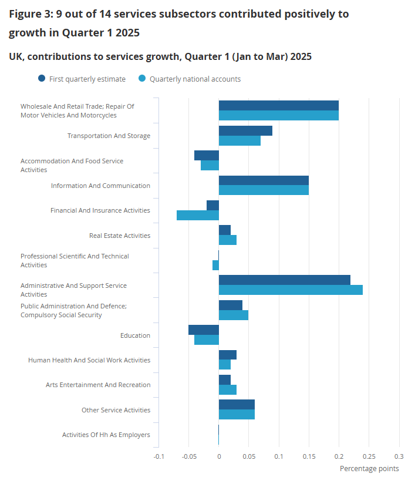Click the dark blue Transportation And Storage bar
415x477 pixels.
click(245, 130)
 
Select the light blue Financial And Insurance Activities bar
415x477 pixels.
click(198, 215)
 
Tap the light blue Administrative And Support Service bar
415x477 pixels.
click(291, 290)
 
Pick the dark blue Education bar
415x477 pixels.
click(204, 330)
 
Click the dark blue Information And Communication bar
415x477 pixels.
click(264, 180)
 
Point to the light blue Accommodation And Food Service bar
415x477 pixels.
click(210, 165)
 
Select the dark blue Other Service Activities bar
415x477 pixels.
click(237, 405)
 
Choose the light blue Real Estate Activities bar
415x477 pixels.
click(228, 240)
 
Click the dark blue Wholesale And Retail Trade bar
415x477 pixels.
click(279, 105)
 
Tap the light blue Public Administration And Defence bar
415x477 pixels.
click(234, 315)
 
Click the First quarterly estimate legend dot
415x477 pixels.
click(42, 78)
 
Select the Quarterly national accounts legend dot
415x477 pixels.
click(141, 78)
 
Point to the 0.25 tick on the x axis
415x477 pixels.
click(369, 456)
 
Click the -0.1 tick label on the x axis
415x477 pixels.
click(158, 456)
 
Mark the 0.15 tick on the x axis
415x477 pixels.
click(309, 456)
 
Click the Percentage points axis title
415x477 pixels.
click(369, 468)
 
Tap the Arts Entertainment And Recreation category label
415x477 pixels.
click(98, 385)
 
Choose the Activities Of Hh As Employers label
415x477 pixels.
click(106, 435)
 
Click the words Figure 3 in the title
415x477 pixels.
click(29, 14)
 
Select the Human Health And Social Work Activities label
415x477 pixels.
click(89, 360)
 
